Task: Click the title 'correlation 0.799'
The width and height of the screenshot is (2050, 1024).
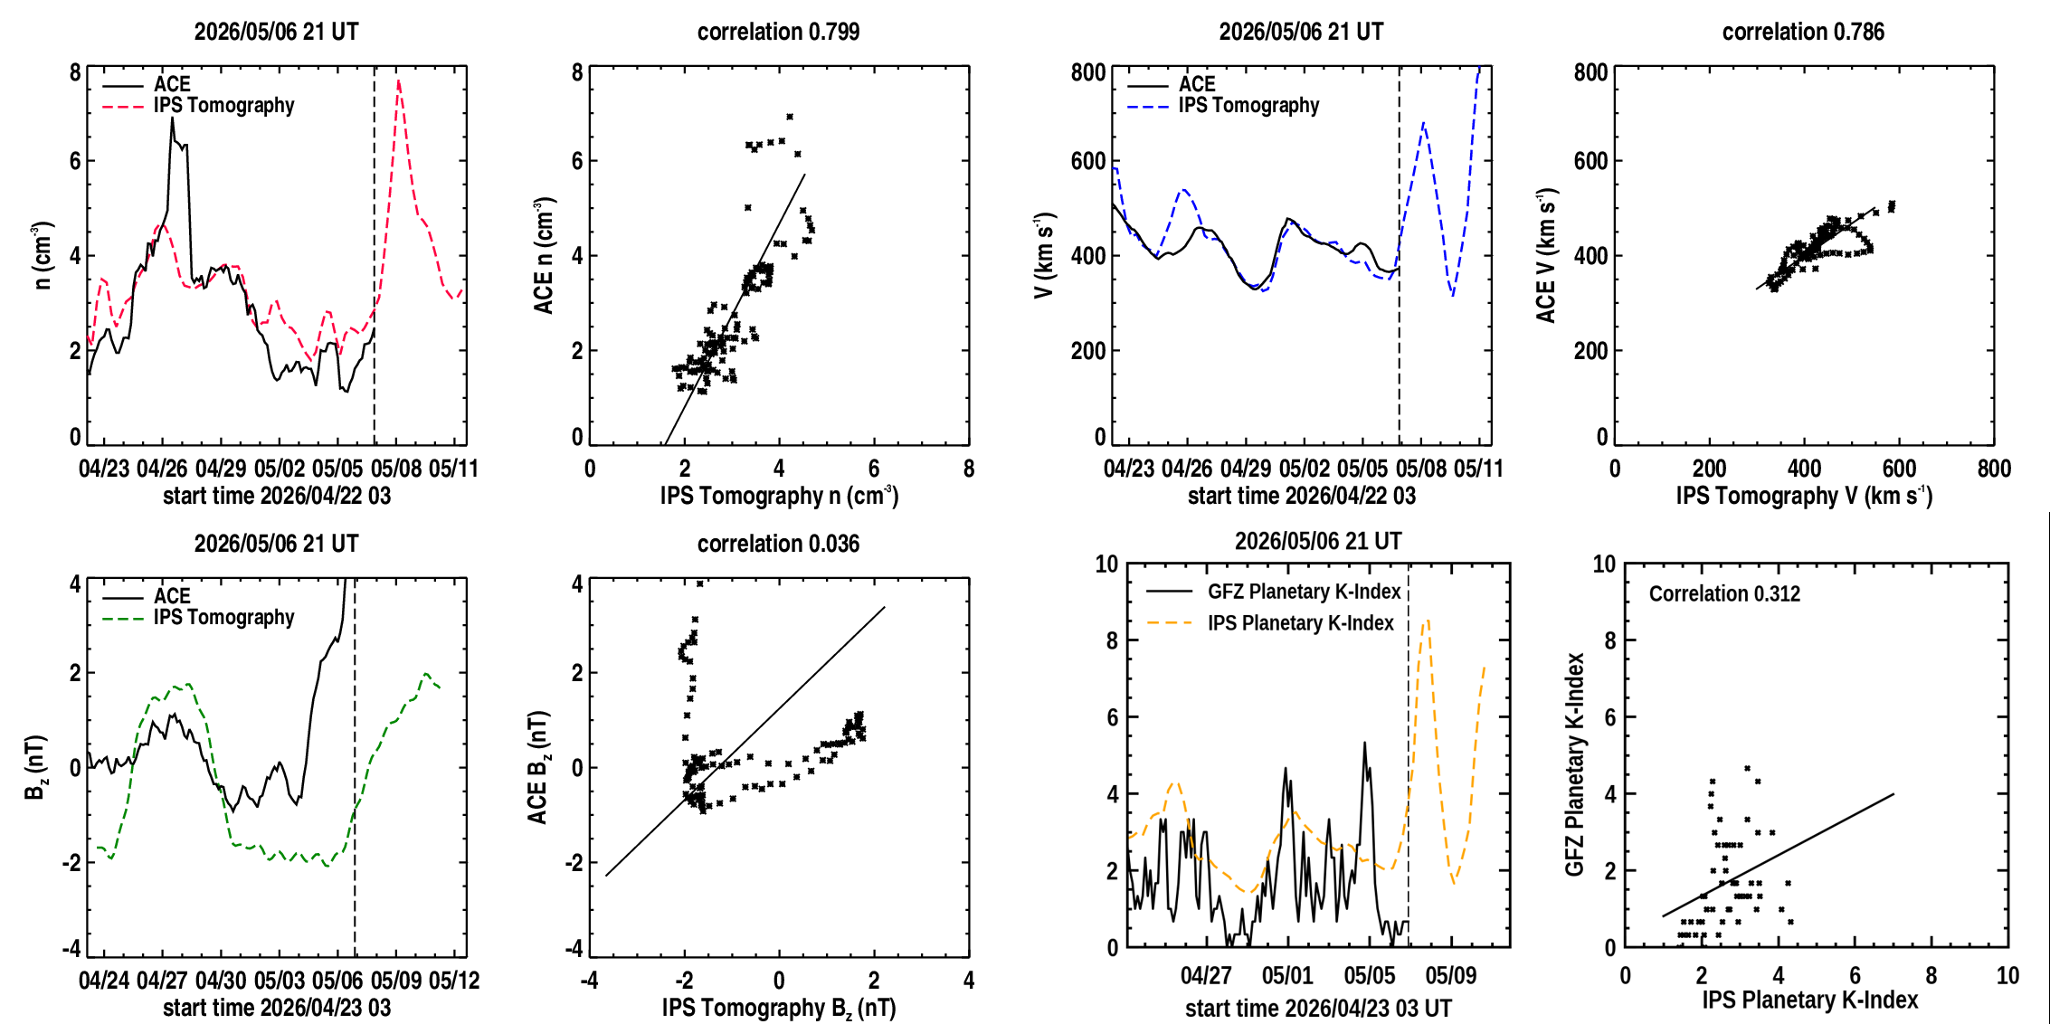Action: click(x=778, y=32)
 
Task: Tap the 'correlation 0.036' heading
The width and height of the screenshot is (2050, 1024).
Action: click(x=778, y=544)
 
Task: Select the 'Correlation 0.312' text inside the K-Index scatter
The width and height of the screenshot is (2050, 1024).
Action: click(x=1724, y=593)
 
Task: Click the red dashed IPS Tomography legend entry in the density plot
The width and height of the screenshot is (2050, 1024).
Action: click(x=199, y=106)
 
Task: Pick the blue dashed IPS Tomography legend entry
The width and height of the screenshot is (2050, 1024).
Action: click(x=1224, y=106)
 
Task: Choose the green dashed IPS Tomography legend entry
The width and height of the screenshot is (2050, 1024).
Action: click(x=199, y=618)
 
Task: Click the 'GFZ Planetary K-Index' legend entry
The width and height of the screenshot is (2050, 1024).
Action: click(x=1274, y=592)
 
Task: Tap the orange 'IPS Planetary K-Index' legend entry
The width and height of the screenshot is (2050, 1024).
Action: click(x=1270, y=623)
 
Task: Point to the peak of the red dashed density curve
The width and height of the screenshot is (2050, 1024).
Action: click(x=399, y=81)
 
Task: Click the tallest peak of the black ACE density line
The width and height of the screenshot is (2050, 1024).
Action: click(x=172, y=118)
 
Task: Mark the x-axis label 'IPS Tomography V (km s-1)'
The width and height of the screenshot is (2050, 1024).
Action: click(x=1804, y=495)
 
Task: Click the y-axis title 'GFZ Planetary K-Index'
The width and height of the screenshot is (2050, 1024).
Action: click(x=1575, y=764)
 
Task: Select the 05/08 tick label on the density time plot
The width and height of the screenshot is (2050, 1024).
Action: click(x=396, y=469)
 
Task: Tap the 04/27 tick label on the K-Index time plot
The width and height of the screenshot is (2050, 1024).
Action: click(x=1206, y=975)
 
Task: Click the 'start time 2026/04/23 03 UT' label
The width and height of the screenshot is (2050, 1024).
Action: click(x=1318, y=1008)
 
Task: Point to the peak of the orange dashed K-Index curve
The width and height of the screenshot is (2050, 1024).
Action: click(x=1427, y=621)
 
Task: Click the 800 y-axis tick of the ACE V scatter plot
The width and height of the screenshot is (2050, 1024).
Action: click(x=1590, y=72)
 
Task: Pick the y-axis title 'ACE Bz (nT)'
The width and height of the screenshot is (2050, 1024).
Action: click(x=539, y=767)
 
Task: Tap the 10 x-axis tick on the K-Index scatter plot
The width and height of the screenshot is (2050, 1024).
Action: click(x=2007, y=975)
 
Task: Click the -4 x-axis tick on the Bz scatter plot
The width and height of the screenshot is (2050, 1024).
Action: click(x=589, y=981)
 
